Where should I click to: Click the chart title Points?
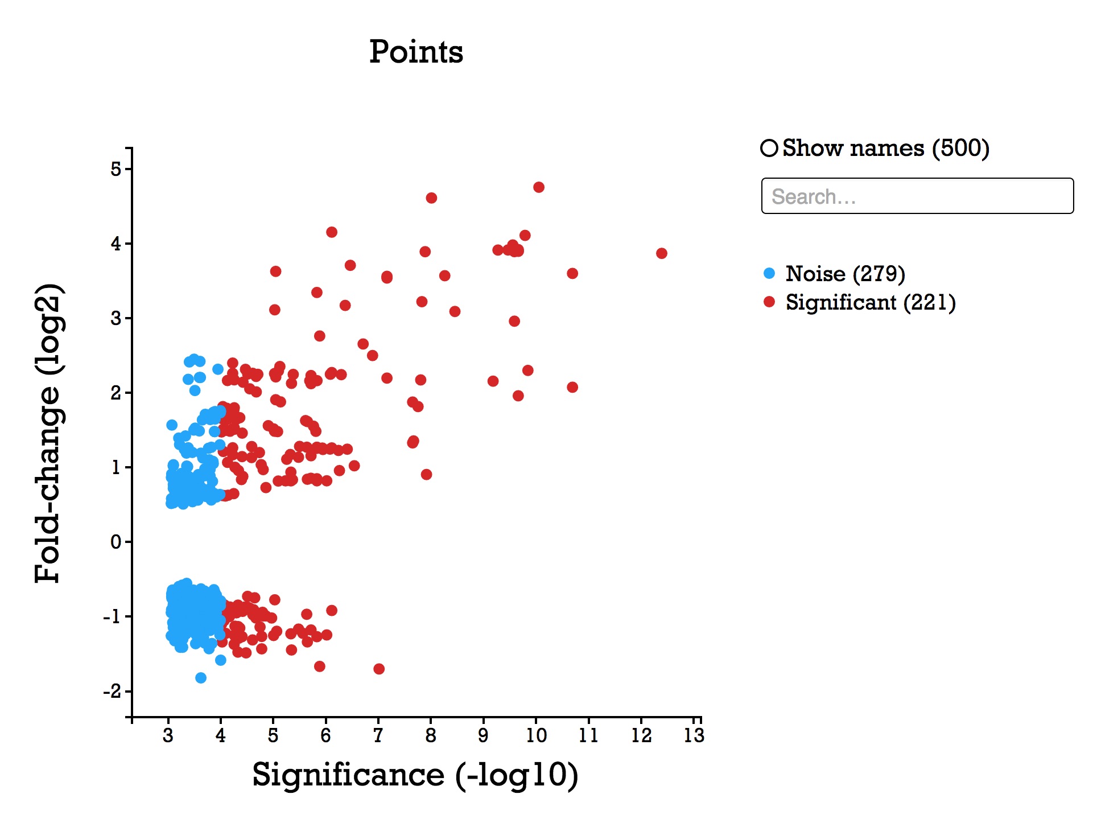click(x=416, y=52)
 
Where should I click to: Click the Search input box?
click(x=917, y=196)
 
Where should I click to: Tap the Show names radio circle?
click(x=769, y=148)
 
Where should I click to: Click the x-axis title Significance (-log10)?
click(x=415, y=775)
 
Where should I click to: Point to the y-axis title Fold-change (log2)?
click(x=48, y=433)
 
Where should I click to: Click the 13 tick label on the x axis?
click(x=694, y=735)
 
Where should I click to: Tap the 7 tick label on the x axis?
click(x=378, y=735)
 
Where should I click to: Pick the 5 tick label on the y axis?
click(x=116, y=169)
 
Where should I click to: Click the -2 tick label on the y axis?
click(x=113, y=692)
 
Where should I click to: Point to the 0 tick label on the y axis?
click(x=116, y=542)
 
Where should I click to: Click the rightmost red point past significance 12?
click(x=661, y=253)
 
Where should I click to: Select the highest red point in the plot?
click(x=539, y=187)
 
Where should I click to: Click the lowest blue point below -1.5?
click(x=201, y=678)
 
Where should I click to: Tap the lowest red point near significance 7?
click(x=379, y=669)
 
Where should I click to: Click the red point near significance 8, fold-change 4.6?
click(x=431, y=198)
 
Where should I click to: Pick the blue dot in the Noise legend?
click(x=769, y=274)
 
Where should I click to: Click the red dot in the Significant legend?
click(x=769, y=302)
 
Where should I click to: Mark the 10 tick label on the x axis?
click(x=536, y=735)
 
